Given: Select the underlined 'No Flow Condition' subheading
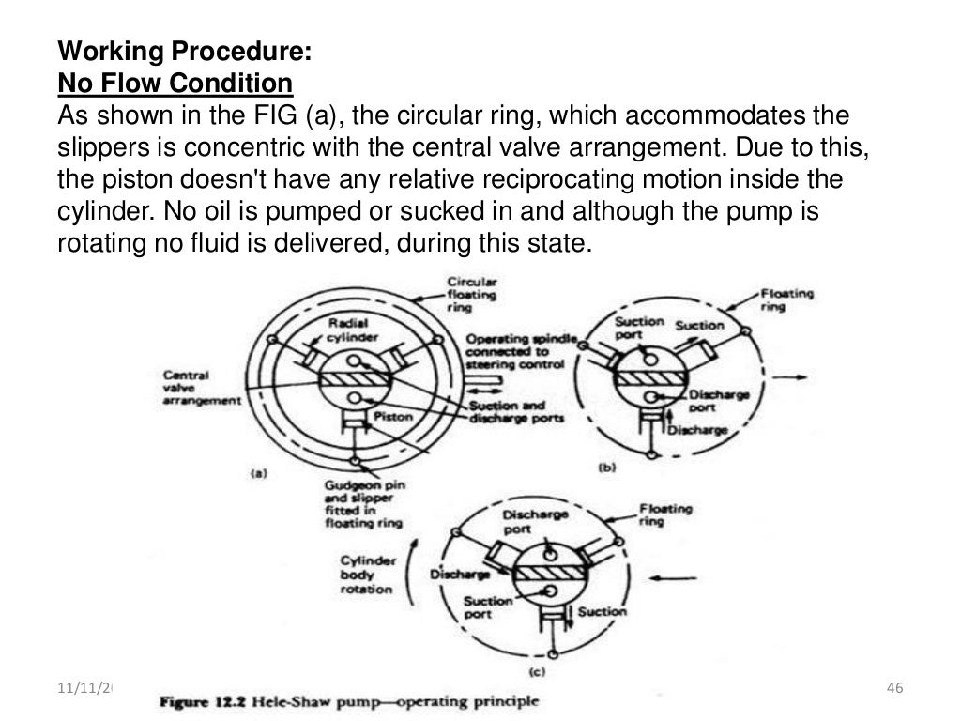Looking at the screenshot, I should [x=175, y=85].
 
